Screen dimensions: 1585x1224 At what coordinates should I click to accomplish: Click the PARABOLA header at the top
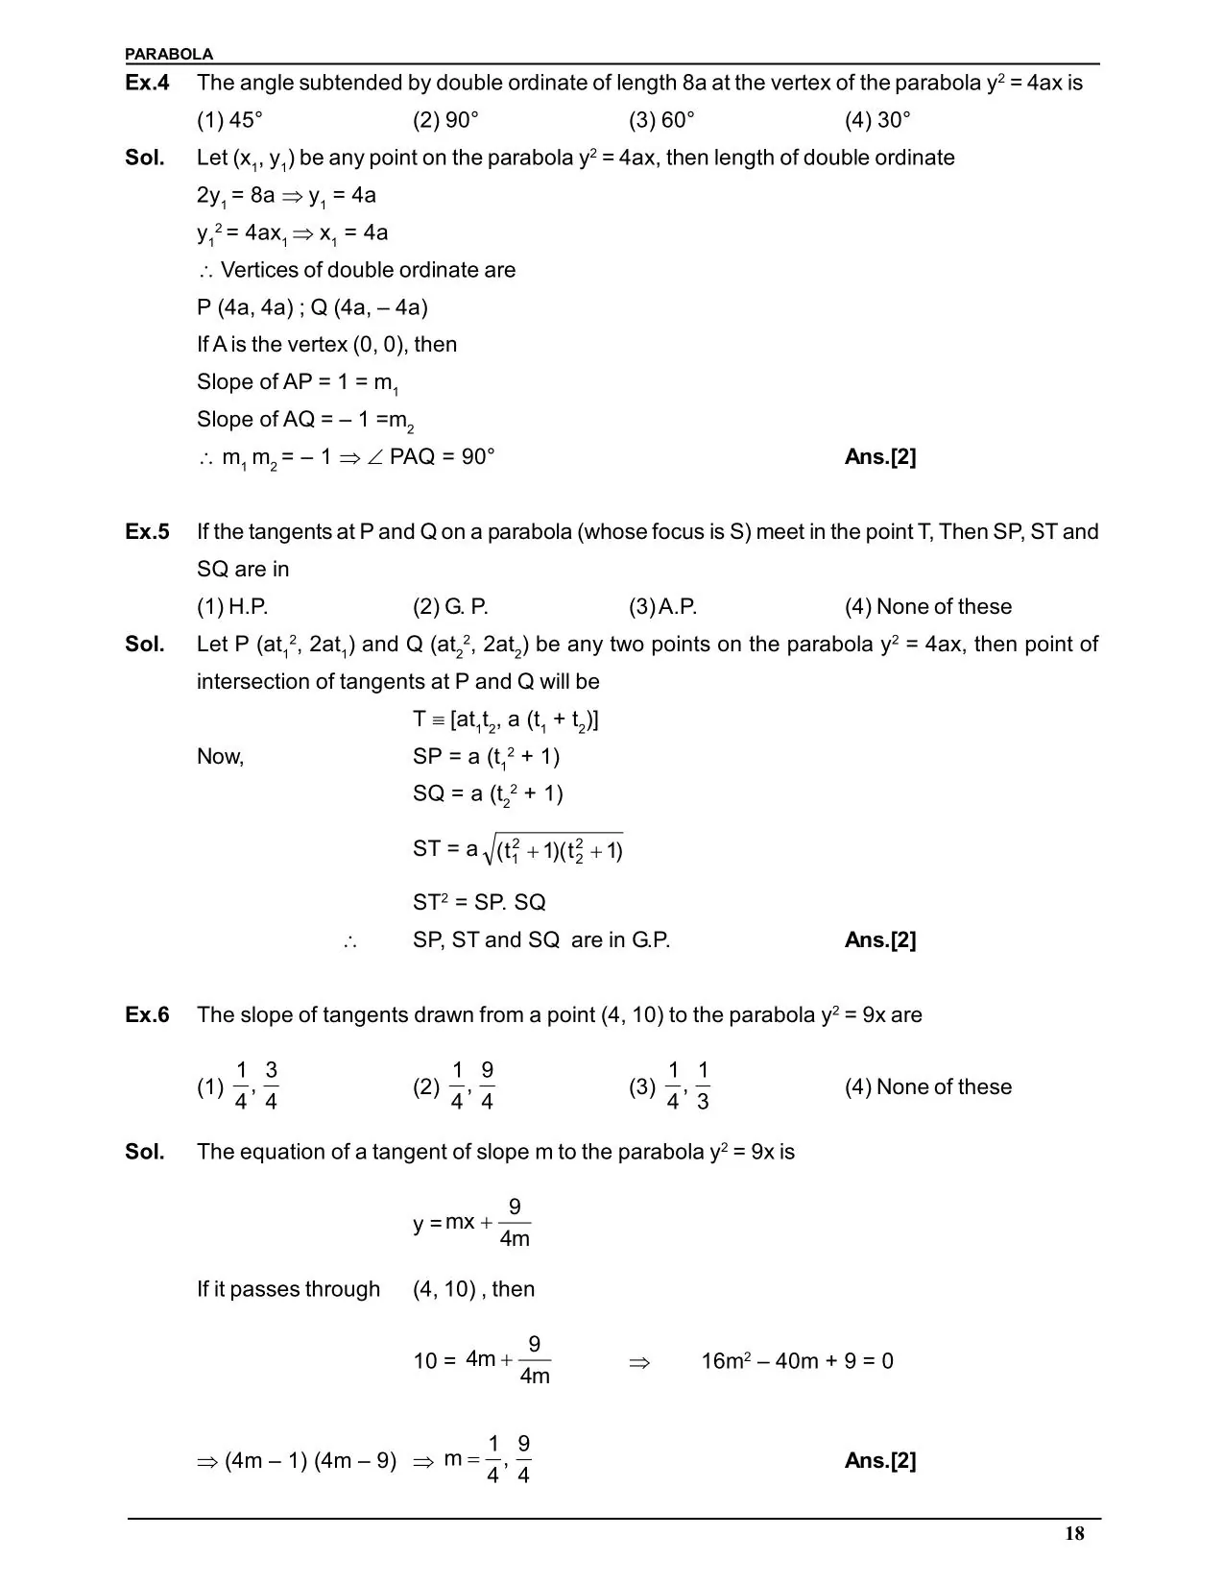pos(169,54)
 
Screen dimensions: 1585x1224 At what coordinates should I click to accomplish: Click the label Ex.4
pos(147,84)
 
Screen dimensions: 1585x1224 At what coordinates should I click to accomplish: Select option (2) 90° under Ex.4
pos(445,120)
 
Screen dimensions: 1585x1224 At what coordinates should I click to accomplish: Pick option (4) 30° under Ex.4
pos(877,120)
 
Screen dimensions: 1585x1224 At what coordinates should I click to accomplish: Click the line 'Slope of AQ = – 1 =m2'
pos(305,420)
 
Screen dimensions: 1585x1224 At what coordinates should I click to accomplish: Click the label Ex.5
pos(147,532)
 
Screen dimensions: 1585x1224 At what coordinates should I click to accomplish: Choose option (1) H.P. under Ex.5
pos(232,607)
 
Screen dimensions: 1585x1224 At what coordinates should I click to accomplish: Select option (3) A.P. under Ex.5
pos(662,607)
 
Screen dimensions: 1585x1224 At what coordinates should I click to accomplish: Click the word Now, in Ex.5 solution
pos(221,757)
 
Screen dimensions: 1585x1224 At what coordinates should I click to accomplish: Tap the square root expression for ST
pos(555,850)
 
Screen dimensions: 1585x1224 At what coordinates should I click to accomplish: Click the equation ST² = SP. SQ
pos(479,903)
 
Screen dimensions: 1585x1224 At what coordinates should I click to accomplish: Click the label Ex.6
pos(147,1015)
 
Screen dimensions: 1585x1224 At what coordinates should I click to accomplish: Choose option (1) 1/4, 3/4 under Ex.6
pos(238,1086)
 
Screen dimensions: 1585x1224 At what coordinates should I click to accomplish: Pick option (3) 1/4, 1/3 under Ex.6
pos(670,1086)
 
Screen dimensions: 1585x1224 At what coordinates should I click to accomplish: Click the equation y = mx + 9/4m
pos(471,1223)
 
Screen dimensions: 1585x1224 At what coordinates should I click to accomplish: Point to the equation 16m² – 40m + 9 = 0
pos(797,1361)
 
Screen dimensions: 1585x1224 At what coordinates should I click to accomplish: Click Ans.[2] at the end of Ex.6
pos(880,1461)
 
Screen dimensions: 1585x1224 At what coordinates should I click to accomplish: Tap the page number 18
pos(1074,1533)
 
